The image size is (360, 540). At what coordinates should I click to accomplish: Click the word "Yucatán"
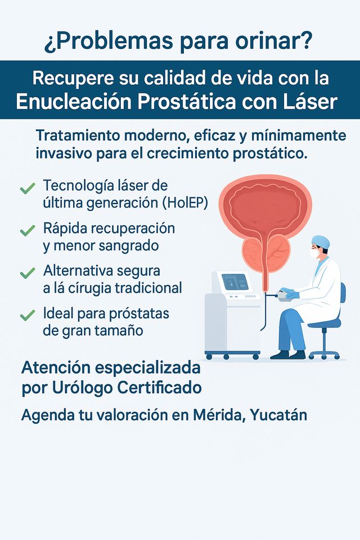click(x=279, y=416)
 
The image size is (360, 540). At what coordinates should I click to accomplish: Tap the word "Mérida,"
click(x=218, y=416)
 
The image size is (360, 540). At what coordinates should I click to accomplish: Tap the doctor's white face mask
click(x=315, y=254)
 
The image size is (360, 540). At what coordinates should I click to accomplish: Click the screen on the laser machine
click(x=235, y=281)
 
